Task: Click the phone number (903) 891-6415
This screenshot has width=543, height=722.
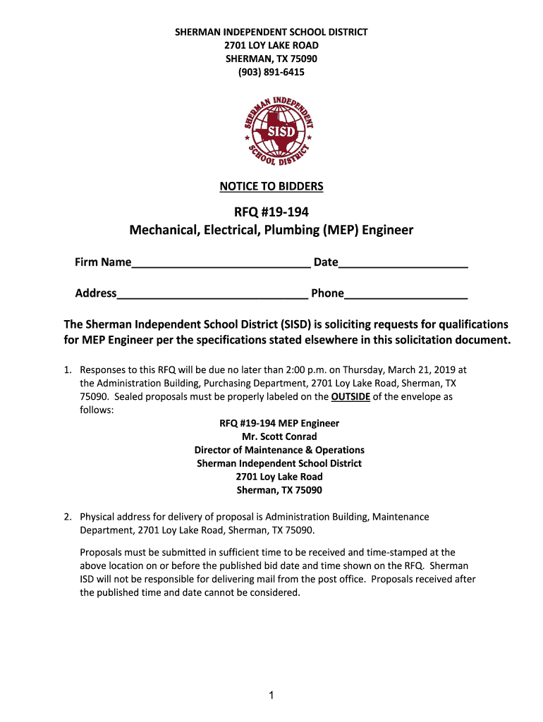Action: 271,72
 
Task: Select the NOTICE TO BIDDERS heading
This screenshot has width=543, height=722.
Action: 271,186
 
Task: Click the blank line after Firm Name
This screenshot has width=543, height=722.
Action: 221,264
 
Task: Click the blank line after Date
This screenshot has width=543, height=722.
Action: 403,264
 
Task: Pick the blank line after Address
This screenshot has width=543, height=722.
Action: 212,294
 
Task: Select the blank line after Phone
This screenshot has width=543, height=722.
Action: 406,294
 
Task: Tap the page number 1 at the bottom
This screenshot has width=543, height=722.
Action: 271,696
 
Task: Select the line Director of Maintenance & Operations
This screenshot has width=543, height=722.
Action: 279,450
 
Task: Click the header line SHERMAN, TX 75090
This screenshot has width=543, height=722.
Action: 271,59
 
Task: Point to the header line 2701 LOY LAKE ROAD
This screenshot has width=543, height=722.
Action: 271,45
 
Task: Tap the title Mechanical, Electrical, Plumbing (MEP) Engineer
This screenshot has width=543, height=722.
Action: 271,230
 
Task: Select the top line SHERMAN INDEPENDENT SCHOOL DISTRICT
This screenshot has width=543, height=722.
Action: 271,32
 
